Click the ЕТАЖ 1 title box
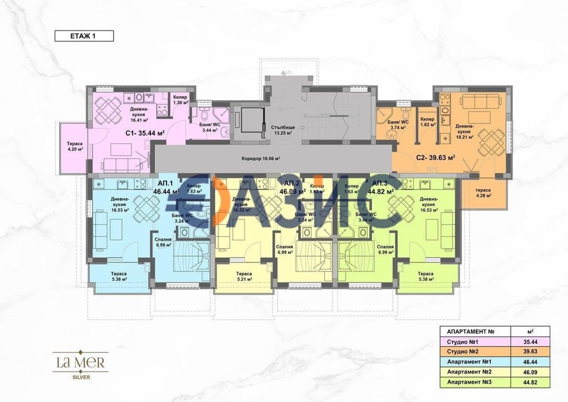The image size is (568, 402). point(84,36)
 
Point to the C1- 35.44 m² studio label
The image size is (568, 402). point(145,133)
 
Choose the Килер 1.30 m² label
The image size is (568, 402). point(180,100)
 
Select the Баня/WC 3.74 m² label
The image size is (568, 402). point(398,125)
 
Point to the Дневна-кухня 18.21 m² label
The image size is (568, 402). point(465,131)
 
